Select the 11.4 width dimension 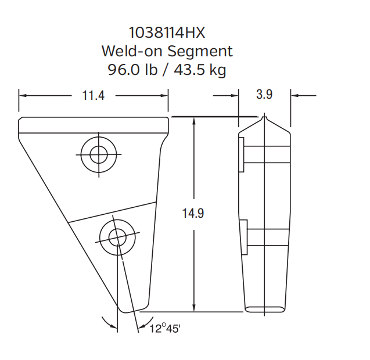tap(93, 95)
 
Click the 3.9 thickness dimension tap(264, 95)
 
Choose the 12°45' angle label tap(166, 329)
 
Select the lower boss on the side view tap(244, 237)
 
